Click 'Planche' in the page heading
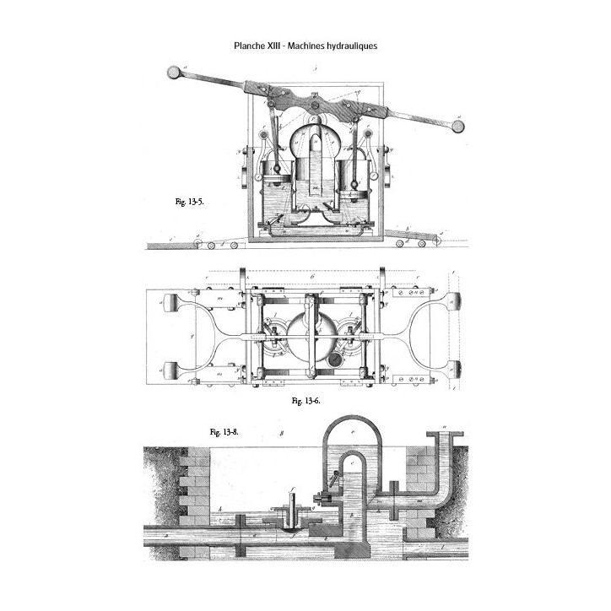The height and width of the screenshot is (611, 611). click(251, 46)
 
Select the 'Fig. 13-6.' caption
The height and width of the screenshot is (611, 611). click(305, 400)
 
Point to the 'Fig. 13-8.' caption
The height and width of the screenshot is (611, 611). click(224, 431)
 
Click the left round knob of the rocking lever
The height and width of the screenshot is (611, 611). click(176, 73)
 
